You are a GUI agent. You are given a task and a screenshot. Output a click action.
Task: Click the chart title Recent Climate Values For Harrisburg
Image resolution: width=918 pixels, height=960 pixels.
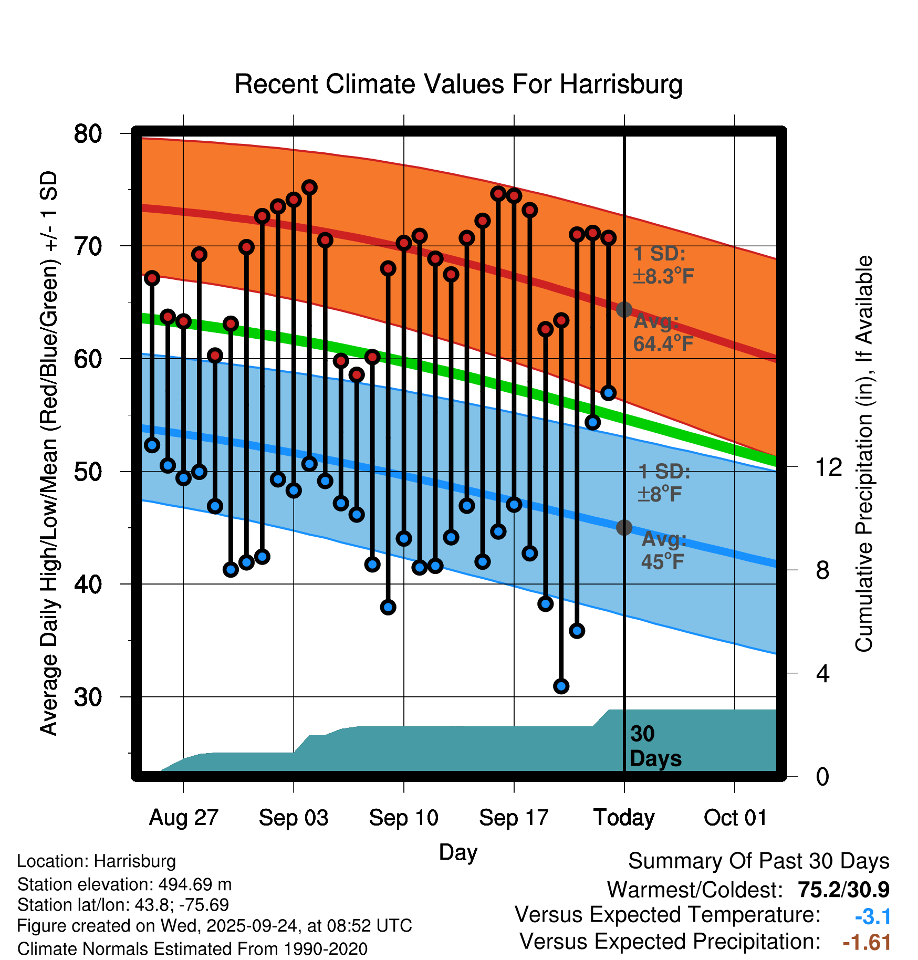coord(458,84)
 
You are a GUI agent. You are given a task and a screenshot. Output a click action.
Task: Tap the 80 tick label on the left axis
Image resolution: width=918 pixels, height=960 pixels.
coord(88,134)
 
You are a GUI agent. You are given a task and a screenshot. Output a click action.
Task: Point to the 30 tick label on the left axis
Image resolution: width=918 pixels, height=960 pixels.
coord(88,697)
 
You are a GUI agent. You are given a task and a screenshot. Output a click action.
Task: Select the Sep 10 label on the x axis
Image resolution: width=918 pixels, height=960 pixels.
coord(403,818)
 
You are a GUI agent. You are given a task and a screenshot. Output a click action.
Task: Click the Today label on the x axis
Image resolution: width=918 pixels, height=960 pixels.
coord(624,818)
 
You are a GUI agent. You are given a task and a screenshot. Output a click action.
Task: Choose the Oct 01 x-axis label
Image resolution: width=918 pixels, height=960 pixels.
coord(735,818)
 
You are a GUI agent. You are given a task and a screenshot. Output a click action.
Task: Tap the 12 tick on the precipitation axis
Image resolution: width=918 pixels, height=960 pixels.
coord(828,467)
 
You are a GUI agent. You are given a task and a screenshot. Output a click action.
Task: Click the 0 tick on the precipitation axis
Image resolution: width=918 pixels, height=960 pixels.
coord(822,776)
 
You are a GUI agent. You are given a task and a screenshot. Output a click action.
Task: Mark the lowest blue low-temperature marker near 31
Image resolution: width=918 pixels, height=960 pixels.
coord(561,686)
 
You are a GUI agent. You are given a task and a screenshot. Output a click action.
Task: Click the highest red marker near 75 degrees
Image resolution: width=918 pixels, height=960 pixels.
coord(309,187)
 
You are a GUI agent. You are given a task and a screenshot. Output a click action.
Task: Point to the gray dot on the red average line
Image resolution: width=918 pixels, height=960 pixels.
coord(624,310)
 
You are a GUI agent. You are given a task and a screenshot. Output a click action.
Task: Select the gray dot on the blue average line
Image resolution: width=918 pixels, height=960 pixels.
coord(624,527)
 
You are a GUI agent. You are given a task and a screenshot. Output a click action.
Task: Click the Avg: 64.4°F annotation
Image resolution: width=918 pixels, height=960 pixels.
coord(663,332)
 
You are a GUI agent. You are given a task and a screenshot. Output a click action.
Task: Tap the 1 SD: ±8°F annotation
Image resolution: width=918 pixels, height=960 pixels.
coord(664,483)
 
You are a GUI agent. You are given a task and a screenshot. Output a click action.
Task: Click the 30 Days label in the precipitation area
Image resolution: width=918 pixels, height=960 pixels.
coord(655,746)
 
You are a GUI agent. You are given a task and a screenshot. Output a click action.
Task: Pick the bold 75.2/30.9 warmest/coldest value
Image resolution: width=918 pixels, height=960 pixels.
coord(843,890)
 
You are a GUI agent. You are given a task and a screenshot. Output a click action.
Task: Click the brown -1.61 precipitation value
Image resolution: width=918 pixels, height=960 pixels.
coord(867,942)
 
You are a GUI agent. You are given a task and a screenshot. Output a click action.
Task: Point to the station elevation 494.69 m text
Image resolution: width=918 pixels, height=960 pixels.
coord(124,884)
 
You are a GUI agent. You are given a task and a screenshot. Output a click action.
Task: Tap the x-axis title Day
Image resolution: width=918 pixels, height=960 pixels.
coord(458,852)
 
